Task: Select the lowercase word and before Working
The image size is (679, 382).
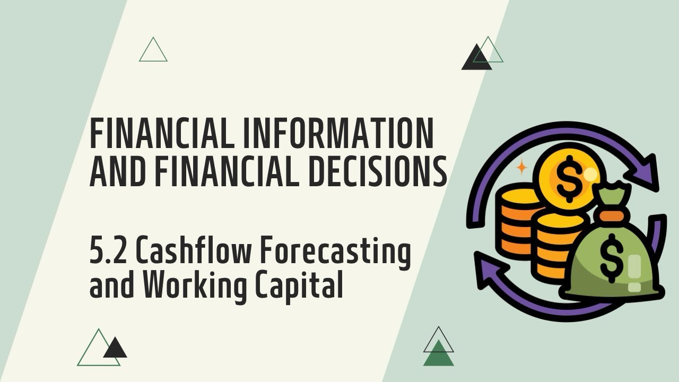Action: point(109,286)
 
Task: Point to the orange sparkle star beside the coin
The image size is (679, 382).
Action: point(522,168)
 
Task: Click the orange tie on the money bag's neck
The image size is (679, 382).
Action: point(611,215)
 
